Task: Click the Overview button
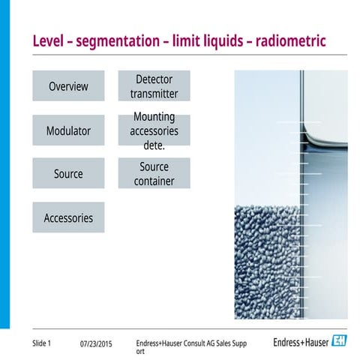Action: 68,86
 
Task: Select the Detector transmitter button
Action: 154,86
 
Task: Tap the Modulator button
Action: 68,130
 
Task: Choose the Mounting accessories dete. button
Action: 154,130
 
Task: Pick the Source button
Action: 68,174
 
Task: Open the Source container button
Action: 154,174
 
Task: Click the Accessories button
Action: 68,218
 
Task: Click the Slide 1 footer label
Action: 42,343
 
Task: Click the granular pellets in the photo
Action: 266,255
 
